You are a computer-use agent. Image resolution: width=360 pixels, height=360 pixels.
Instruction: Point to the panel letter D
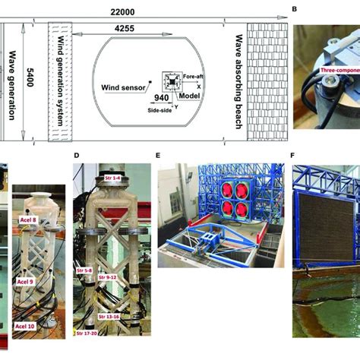77,157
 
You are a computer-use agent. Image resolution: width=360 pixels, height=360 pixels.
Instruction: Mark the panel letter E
157,157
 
